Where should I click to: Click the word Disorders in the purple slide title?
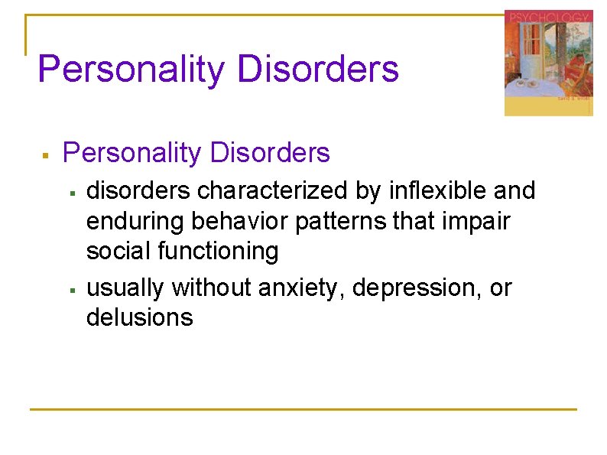coord(318,69)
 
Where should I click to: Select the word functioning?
coord(217,252)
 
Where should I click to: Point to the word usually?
coord(125,288)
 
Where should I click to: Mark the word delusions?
coord(140,317)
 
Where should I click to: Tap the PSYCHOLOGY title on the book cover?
coord(547,17)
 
